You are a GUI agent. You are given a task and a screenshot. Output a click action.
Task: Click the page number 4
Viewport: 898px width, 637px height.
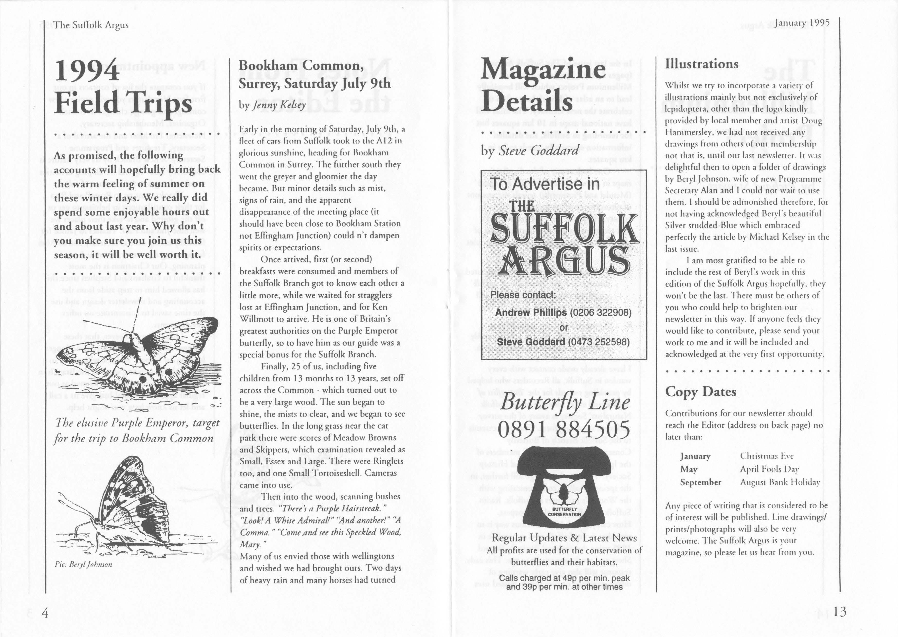coord(45,613)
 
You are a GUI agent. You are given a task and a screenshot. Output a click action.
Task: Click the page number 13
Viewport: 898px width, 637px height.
coord(839,612)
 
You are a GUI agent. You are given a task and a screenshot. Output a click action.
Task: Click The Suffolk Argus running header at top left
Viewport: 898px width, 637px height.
coord(91,25)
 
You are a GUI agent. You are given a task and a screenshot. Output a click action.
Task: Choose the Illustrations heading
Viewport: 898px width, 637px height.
coord(701,64)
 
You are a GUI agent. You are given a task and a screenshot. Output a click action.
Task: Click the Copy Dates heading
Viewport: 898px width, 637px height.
coord(701,391)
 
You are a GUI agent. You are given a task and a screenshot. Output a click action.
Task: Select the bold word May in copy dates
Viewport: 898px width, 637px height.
coord(689,469)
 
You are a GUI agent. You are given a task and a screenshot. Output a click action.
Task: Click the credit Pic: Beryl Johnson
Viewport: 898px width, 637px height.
coord(84,564)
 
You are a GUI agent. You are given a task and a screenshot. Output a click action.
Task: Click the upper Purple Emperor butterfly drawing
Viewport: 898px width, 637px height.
coord(137,361)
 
